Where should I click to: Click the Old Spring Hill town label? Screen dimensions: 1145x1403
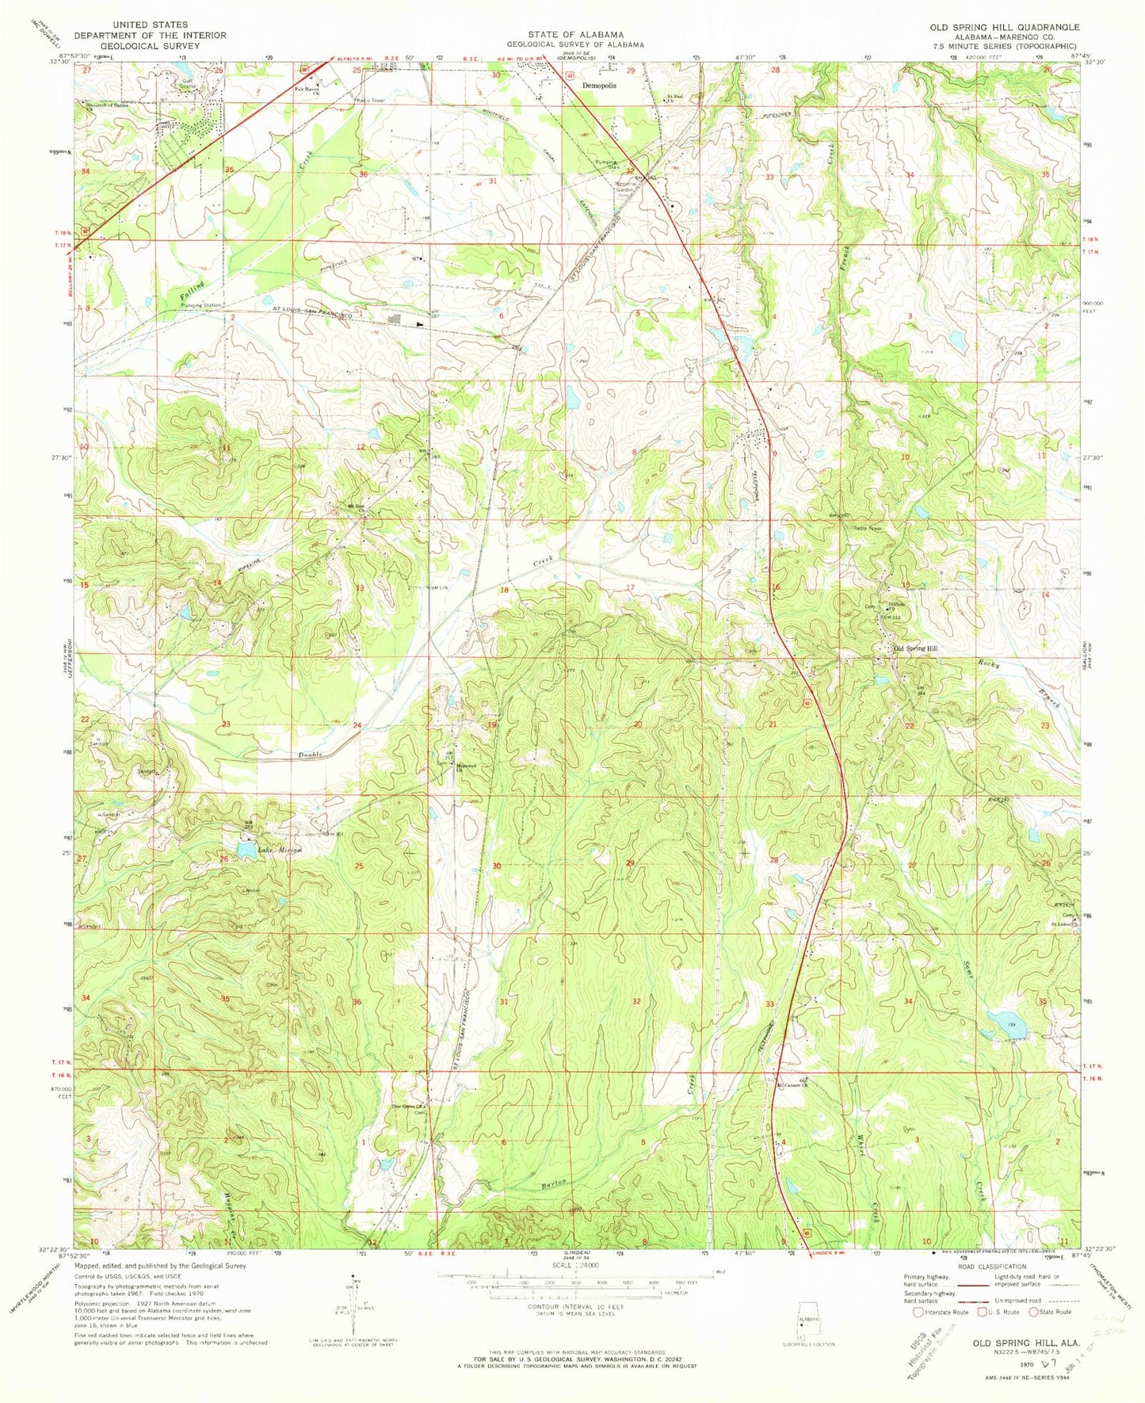click(x=916, y=648)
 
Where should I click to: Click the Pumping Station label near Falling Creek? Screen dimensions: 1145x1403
click(x=203, y=304)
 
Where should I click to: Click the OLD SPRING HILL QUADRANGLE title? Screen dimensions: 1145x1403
click(x=1004, y=27)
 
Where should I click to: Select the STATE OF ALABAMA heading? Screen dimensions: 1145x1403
click(x=576, y=35)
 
